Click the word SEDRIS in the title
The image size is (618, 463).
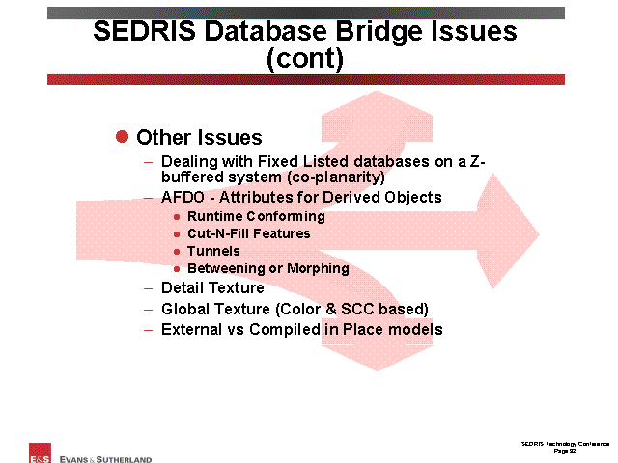coord(144,31)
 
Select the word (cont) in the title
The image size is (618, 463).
coord(305,59)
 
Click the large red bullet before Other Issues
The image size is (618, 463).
coord(123,137)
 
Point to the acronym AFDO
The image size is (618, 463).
coord(183,197)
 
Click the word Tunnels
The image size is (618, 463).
coord(213,251)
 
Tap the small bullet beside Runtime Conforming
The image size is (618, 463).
coord(177,217)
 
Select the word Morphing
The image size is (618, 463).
coord(318,269)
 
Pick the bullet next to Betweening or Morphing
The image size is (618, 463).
coord(177,269)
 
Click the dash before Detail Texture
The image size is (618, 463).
coord(148,288)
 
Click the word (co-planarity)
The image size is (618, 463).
coord(336,177)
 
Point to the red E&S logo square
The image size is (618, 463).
coord(40,452)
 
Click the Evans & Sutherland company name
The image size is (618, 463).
coord(105,459)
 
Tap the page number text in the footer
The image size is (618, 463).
coord(564,451)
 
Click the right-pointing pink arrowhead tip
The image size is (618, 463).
coord(539,234)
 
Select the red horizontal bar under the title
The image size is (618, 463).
coord(306,79)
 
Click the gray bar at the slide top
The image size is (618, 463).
coord(306,13)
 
